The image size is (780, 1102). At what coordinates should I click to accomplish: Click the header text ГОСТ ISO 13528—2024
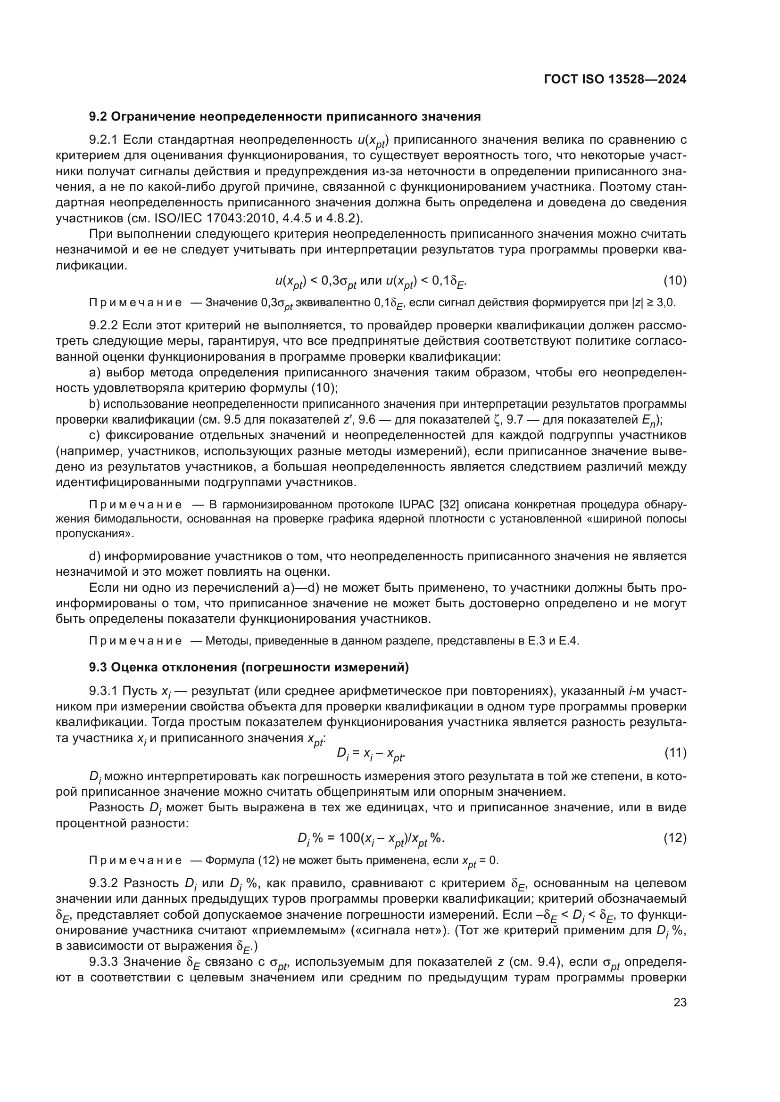[x=615, y=80]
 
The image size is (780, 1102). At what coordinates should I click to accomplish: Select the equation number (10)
[x=675, y=280]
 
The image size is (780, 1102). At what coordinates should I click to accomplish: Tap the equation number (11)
[x=675, y=752]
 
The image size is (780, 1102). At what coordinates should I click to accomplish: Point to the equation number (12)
[x=675, y=838]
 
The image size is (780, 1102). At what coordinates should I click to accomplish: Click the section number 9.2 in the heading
[x=99, y=117]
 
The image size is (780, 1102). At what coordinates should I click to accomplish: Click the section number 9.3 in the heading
[x=99, y=667]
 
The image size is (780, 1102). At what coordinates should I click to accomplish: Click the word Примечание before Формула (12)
[x=135, y=860]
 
